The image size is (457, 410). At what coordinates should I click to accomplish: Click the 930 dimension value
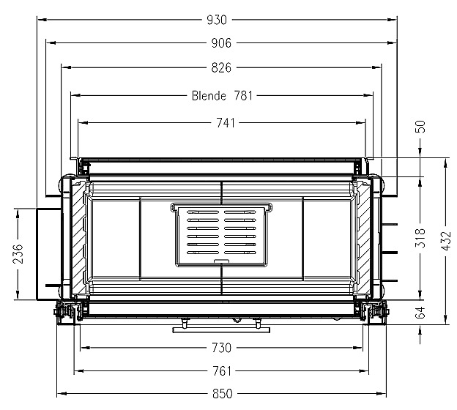pos(217,20)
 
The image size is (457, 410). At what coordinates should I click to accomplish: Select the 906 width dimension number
pos(221,43)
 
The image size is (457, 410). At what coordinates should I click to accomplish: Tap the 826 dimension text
pos(221,67)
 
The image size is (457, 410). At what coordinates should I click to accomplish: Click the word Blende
pos(209,96)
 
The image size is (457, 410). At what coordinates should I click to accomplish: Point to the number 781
pos(243,96)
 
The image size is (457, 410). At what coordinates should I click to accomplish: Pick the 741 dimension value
pos(226,123)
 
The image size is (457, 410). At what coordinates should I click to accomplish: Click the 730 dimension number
pos(221,348)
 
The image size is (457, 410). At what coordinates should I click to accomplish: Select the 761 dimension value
pos(222,371)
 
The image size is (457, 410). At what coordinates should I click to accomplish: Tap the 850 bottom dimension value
pos(223,394)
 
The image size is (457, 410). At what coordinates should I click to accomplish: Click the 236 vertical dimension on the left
pos(18,254)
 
